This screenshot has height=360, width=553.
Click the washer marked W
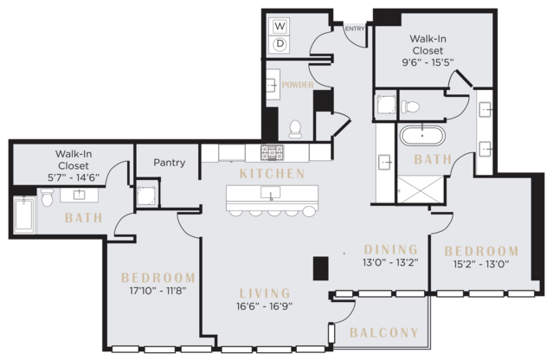[280, 26]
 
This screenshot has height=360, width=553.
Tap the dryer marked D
[280, 44]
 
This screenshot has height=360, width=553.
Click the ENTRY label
[355, 29]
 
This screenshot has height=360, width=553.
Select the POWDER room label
[298, 85]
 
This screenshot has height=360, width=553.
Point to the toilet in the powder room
[295, 129]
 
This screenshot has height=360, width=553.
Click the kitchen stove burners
[272, 152]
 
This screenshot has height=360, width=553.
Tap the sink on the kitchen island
[271, 192]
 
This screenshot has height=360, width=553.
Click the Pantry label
[170, 163]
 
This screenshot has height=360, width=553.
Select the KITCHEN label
[272, 174]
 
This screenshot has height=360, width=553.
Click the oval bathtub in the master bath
[422, 135]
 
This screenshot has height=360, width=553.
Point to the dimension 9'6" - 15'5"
[428, 62]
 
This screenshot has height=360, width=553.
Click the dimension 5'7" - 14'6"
[74, 177]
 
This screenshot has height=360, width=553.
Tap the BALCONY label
[384, 332]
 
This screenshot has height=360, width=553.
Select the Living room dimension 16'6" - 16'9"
[265, 306]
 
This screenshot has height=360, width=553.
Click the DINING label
[391, 249]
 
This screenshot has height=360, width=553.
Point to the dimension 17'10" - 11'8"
[158, 291]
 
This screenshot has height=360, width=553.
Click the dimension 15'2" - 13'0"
[481, 264]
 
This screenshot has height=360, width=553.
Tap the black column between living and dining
[321, 268]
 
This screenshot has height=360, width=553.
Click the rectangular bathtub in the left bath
[24, 215]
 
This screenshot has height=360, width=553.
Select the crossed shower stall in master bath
[421, 190]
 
